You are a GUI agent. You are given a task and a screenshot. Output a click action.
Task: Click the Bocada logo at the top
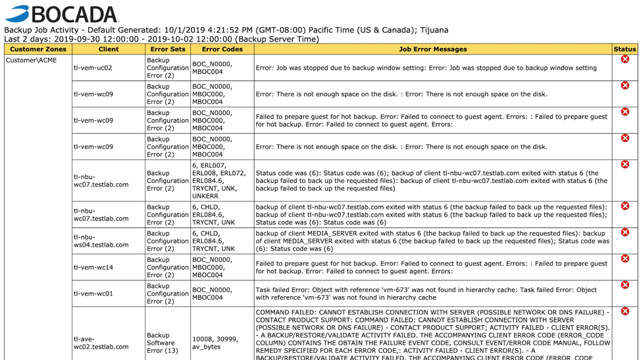click(61, 14)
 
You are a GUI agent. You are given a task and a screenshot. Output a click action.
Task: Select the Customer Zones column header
click(38, 49)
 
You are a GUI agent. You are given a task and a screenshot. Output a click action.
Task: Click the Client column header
click(109, 49)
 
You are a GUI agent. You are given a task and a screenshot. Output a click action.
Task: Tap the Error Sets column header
click(168, 49)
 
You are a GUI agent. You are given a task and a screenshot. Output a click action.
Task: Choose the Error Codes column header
click(222, 49)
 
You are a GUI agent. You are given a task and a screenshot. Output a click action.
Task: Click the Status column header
click(625, 49)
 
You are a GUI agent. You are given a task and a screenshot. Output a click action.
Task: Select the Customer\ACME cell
click(32, 61)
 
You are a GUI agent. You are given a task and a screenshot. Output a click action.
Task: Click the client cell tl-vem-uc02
click(93, 68)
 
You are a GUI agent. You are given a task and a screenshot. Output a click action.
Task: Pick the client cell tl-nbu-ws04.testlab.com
click(101, 240)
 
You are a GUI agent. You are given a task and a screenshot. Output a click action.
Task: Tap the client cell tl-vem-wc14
click(93, 267)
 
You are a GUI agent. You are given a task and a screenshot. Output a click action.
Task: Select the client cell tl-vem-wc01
click(93, 294)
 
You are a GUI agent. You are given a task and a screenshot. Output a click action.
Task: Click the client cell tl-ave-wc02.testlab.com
click(101, 342)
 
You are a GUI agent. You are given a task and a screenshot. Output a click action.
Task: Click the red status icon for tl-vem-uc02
click(625, 59)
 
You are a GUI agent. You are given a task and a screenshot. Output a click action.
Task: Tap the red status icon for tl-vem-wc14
click(625, 259)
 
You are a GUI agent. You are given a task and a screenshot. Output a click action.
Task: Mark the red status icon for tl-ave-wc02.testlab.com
click(625, 311)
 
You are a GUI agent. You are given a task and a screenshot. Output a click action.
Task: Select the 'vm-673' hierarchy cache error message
click(426, 294)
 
